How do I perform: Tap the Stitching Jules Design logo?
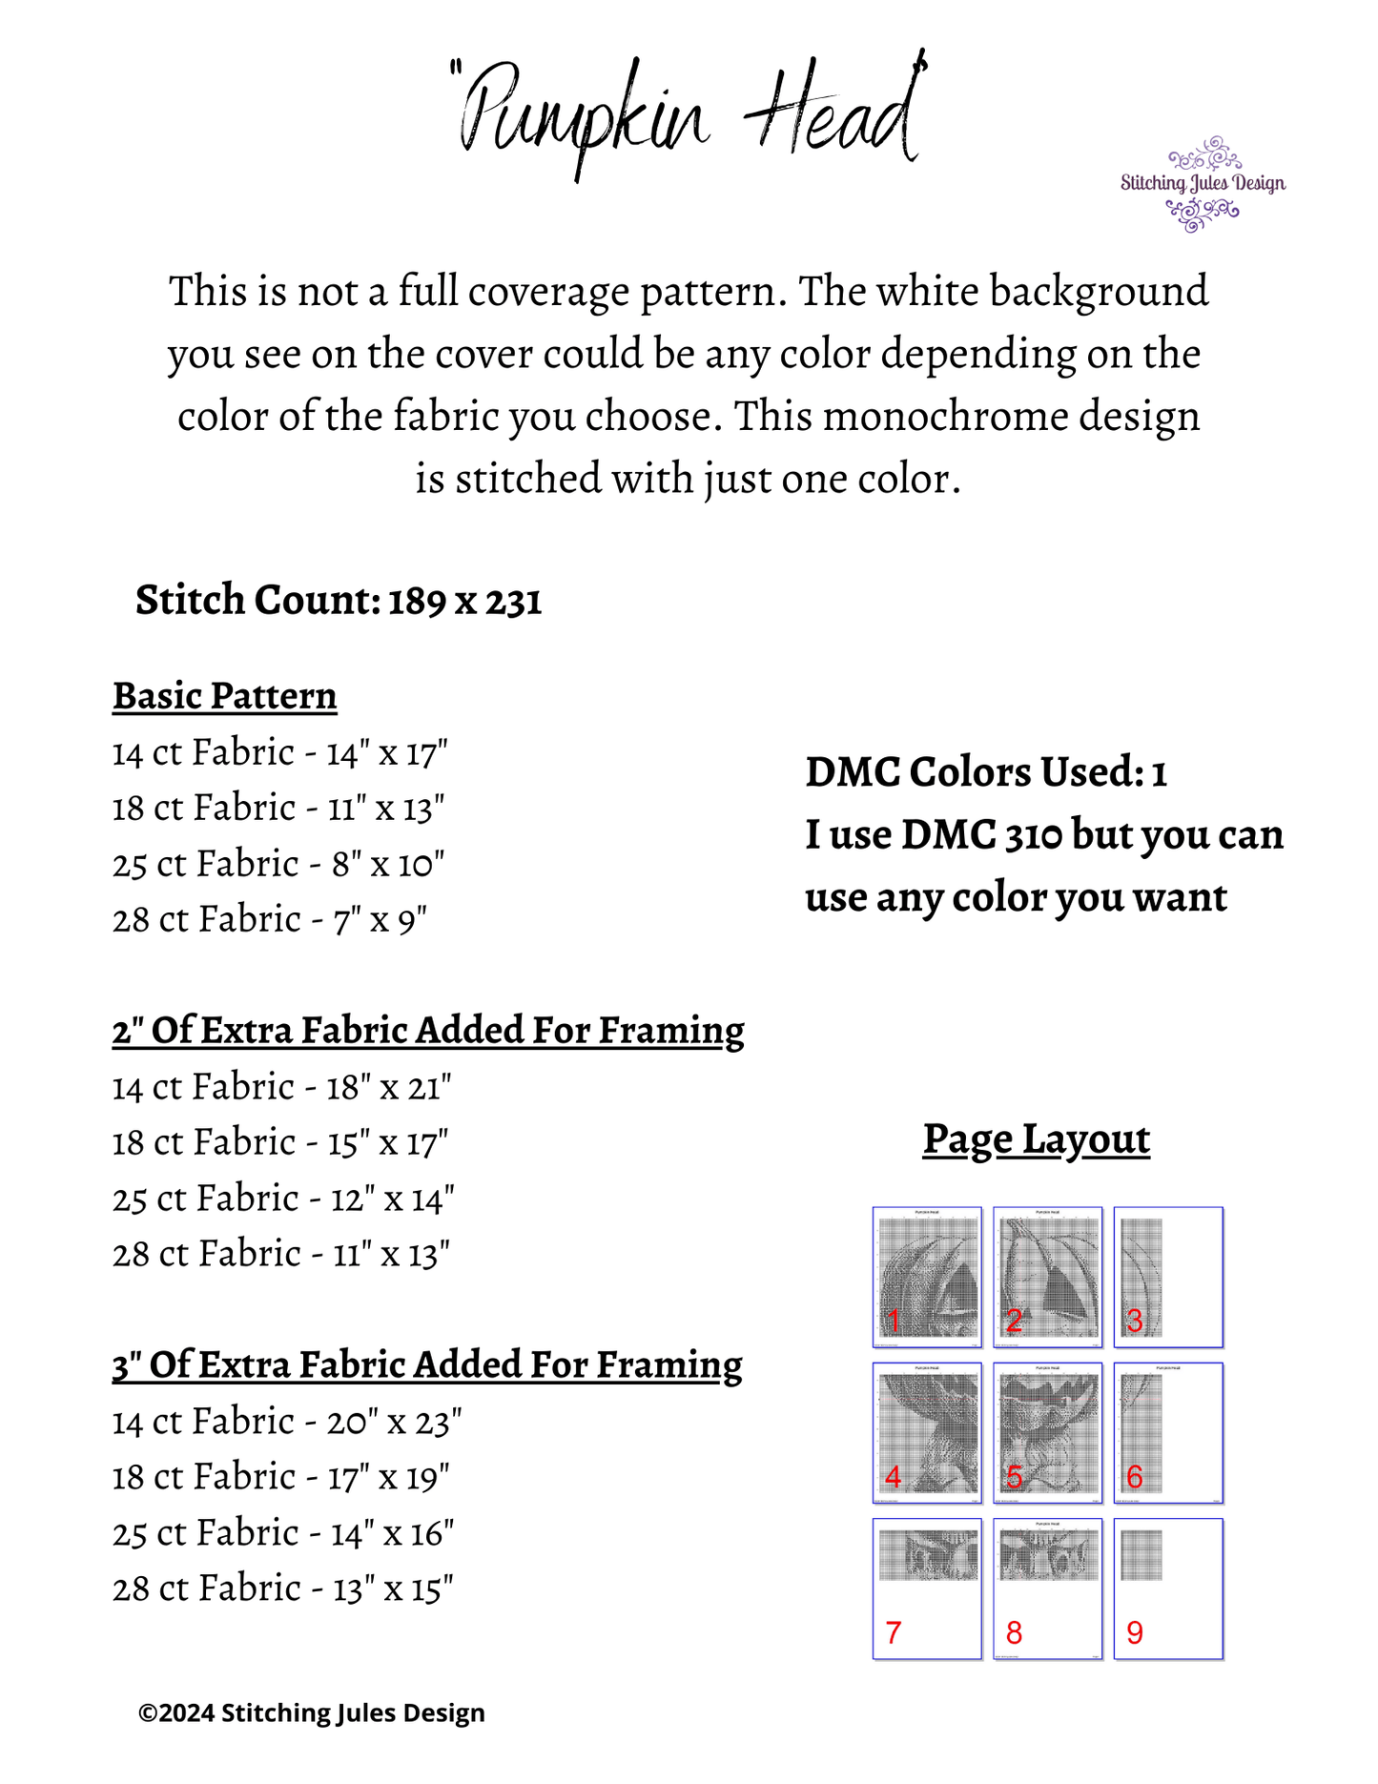tap(1203, 184)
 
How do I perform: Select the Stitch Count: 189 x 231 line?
tap(339, 601)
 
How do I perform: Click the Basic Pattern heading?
tap(225, 696)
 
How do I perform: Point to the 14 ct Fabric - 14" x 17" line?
tap(279, 753)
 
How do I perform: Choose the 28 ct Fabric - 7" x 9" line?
tap(270, 920)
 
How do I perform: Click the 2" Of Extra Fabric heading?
tap(428, 1031)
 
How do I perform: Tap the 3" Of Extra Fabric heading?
tap(427, 1364)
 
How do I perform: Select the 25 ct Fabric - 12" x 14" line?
tap(283, 1199)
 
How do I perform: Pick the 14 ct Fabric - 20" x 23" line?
tap(287, 1422)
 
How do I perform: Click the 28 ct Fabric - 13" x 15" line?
tap(282, 1589)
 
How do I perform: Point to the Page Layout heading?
tap(1037, 1139)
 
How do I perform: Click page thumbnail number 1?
tap(927, 1277)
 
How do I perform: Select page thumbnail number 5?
tap(1048, 1432)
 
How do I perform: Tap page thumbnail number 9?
tap(1168, 1589)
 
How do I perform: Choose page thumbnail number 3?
tap(1168, 1277)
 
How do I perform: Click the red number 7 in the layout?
tap(893, 1633)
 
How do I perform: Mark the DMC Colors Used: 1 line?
tap(986, 772)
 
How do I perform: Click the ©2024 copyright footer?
tap(312, 1713)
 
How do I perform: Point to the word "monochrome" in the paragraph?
tap(945, 417)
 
